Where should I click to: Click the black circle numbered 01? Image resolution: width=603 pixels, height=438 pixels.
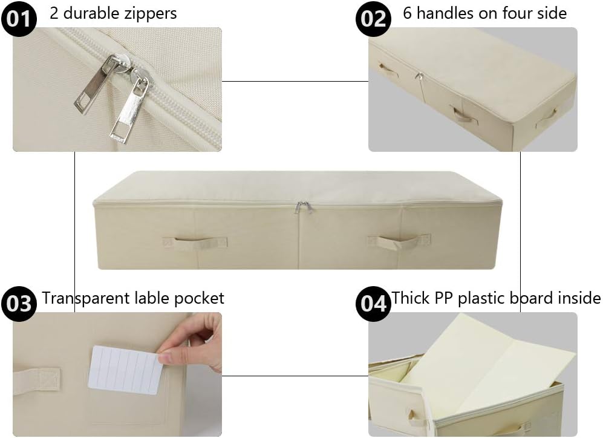click(x=19, y=19)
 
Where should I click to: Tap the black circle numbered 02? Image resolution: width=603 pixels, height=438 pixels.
click(x=373, y=19)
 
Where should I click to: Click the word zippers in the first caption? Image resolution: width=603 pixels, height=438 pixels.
click(x=147, y=13)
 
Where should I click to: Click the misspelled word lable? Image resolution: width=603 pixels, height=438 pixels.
click(x=150, y=298)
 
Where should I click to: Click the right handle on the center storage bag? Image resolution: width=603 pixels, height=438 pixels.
click(x=399, y=241)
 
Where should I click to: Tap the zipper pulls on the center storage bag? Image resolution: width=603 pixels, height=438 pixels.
click(x=303, y=208)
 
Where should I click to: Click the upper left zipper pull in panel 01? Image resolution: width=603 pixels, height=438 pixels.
click(x=94, y=88)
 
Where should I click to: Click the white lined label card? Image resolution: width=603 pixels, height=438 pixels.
click(x=126, y=369)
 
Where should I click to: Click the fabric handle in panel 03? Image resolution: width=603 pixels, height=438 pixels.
click(x=36, y=381)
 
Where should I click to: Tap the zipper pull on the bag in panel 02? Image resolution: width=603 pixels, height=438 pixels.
click(x=418, y=77)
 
